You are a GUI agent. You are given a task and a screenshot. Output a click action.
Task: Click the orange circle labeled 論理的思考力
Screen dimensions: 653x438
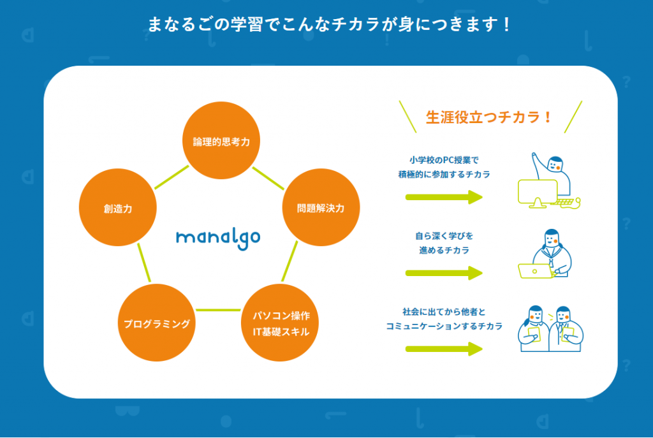coord(221,140)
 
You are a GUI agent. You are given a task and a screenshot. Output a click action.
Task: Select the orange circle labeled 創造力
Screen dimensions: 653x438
coord(118,207)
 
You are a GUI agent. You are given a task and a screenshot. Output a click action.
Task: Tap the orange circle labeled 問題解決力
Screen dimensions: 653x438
coord(321,207)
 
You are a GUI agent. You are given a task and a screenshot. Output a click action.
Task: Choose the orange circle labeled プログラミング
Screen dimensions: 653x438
coord(157,323)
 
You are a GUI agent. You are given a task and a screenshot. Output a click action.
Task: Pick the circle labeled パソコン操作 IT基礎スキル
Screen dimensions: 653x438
coord(280,323)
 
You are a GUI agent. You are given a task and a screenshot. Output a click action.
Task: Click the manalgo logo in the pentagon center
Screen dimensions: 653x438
coord(218,238)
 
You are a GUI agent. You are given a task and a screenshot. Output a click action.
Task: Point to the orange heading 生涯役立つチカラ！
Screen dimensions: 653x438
coord(488,117)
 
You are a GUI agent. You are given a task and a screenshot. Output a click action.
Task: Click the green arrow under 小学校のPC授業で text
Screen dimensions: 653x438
coord(444,197)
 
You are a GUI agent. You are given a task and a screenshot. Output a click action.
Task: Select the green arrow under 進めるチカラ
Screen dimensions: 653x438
coord(444,273)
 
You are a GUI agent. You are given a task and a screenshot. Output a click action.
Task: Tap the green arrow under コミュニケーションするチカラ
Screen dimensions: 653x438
coord(444,349)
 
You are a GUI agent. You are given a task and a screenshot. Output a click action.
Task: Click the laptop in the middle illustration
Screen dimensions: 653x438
coord(535,271)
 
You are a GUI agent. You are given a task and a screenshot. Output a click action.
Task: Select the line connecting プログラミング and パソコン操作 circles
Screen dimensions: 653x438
coord(218,310)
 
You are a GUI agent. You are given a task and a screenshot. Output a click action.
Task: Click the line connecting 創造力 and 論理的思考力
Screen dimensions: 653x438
coord(172,177)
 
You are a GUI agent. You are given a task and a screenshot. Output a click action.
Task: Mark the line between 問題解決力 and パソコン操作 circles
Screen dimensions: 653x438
coord(290,261)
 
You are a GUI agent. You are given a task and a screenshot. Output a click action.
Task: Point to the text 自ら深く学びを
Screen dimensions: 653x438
coord(444,236)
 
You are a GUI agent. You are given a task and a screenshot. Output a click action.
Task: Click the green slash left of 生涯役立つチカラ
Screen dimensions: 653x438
coord(407,117)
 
